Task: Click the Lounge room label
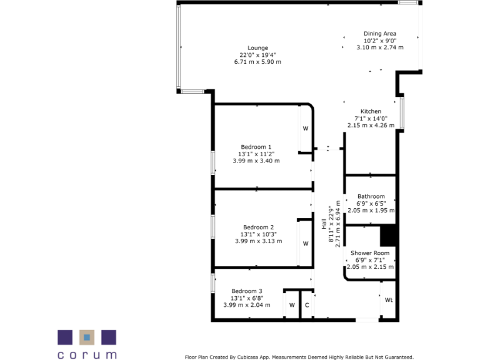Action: click(257, 48)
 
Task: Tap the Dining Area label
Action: click(380, 34)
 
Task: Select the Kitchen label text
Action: click(371, 111)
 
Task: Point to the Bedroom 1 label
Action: click(256, 147)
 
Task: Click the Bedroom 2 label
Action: click(258, 227)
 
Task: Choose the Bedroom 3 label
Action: click(246, 291)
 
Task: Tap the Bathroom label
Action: click(371, 196)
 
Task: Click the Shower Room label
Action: click(370, 253)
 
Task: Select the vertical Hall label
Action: click(324, 223)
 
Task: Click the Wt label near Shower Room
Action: click(388, 300)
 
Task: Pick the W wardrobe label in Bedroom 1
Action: click(306, 129)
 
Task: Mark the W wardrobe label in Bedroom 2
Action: click(306, 243)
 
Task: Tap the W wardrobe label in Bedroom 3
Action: click(291, 306)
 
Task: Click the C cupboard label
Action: click(307, 306)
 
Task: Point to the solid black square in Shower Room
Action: click(389, 236)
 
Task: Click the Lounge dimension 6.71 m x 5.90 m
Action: click(257, 62)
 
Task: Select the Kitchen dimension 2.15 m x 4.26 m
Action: click(371, 125)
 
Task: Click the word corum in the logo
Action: click(87, 354)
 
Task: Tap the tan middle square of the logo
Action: click(87, 337)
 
